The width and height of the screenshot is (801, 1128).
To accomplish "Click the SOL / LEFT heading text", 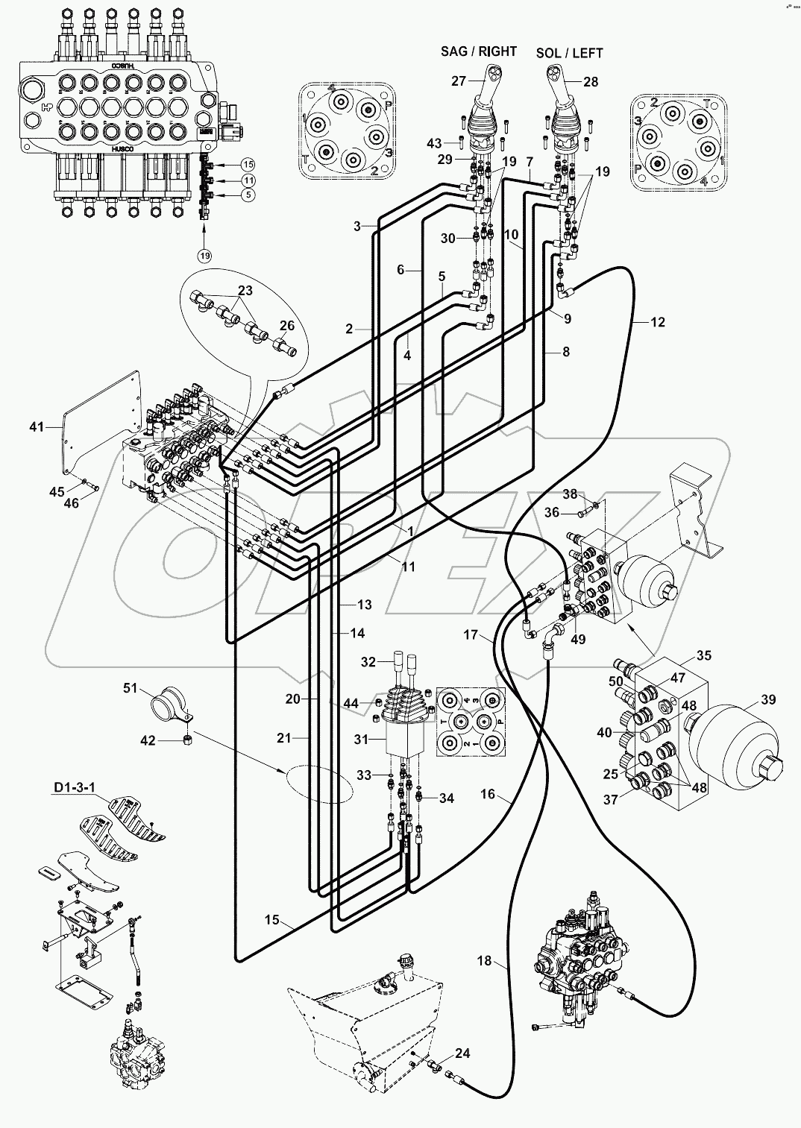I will (569, 53).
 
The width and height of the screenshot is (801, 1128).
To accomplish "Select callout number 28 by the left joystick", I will (591, 82).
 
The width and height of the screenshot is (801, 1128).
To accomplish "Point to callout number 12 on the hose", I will (657, 322).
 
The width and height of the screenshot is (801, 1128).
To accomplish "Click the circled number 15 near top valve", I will (248, 164).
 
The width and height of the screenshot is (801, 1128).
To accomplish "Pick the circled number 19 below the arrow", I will (204, 255).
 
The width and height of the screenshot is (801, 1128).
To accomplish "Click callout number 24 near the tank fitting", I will (462, 1053).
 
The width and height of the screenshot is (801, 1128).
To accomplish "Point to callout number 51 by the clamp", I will (131, 688).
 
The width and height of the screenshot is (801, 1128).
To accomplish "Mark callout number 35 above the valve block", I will (703, 655).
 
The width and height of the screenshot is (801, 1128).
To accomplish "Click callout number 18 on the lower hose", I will (485, 961).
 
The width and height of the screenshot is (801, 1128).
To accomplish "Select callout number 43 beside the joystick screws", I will (455, 142).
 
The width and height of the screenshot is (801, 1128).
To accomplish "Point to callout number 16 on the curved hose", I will (487, 795).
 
